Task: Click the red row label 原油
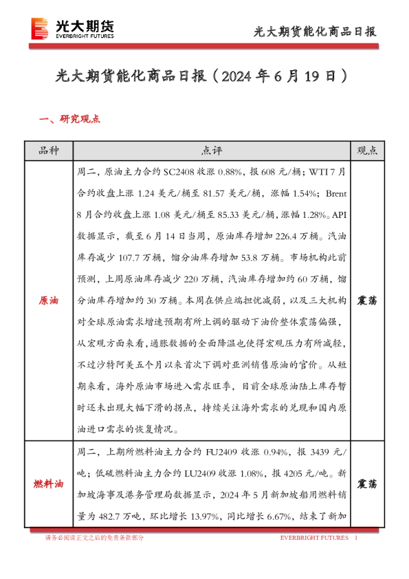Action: pyautogui.click(x=48, y=301)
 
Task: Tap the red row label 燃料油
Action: pyautogui.click(x=48, y=484)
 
